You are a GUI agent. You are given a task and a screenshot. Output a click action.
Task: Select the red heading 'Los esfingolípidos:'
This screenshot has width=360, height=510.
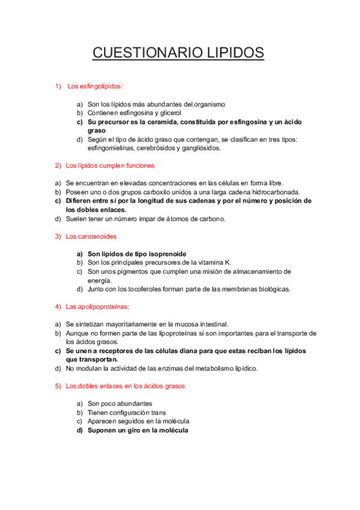click(95, 86)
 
